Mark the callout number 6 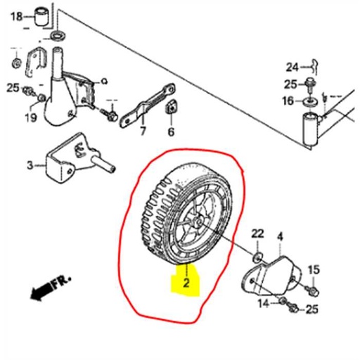[171, 131]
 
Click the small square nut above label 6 [170, 108]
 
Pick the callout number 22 [257, 233]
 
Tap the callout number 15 [314, 269]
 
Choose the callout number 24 [292, 67]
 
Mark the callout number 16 [288, 101]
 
